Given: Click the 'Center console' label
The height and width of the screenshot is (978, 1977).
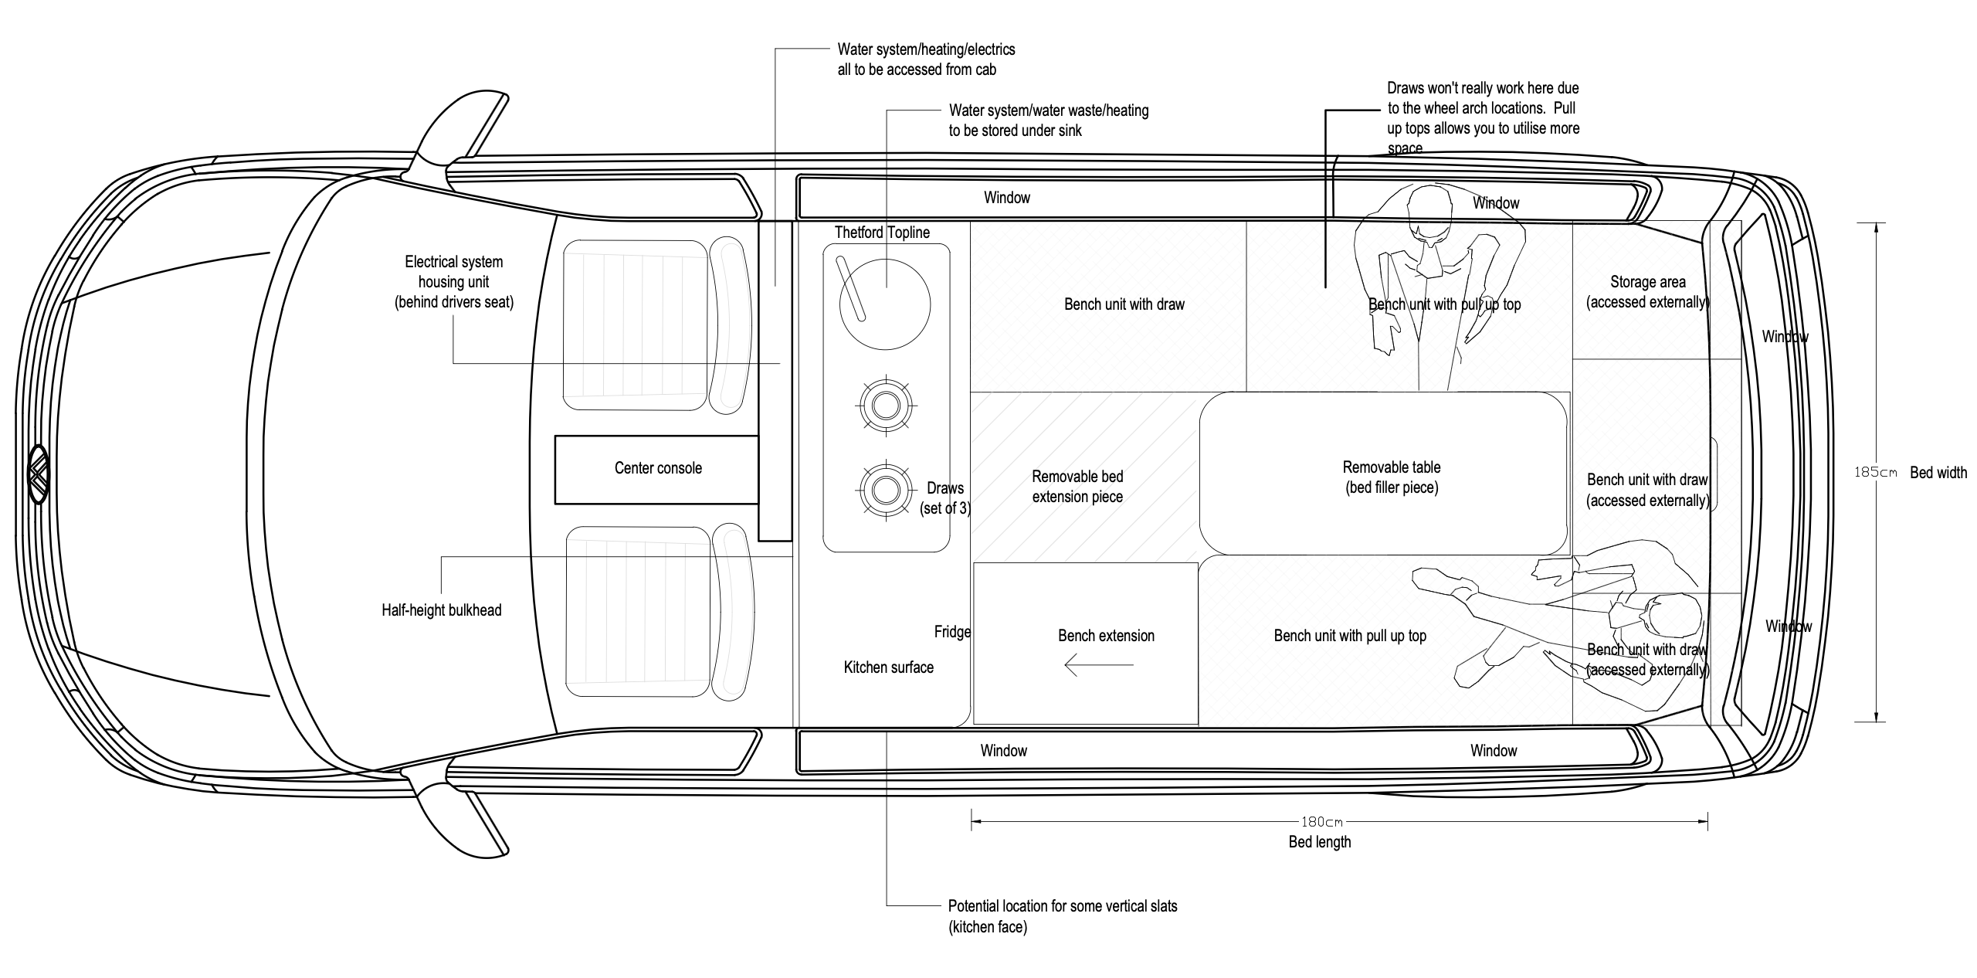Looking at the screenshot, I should point(658,468).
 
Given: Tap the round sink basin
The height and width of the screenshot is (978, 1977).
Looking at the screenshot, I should point(885,304).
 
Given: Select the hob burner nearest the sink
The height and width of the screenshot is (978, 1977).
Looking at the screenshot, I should point(885,405).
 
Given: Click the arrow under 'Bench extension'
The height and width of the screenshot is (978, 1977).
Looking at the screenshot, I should point(1098,664).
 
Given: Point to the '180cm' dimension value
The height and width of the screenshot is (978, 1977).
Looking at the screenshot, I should point(1321,821).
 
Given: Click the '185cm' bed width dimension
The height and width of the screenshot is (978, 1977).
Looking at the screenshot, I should point(1875,473).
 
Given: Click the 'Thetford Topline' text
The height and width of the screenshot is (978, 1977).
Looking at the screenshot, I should point(882,233).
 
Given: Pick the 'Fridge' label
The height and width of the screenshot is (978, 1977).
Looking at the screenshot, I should point(952,632).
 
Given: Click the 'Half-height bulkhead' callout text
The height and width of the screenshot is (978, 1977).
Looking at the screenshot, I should point(441,610).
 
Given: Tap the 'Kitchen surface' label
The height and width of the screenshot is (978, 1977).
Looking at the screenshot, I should point(888,667).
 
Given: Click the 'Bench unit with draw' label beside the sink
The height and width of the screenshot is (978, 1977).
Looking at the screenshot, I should point(1124,304).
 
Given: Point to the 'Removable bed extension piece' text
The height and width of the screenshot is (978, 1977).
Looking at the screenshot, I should point(1077,487).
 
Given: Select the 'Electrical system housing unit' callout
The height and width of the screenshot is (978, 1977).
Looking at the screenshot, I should point(453,282).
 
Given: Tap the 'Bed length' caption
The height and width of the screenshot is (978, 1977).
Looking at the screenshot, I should point(1320,842).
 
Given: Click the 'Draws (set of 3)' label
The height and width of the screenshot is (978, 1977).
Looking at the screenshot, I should point(945,498).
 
